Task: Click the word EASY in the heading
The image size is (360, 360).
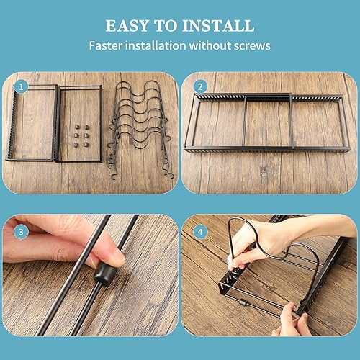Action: [x=127, y=26]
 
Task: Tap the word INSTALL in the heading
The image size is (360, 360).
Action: [x=218, y=26]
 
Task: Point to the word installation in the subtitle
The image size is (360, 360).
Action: [x=156, y=45]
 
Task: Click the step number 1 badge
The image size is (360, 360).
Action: [x=21, y=86]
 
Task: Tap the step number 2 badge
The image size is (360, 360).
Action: [x=200, y=86]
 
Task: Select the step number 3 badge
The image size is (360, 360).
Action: [x=21, y=232]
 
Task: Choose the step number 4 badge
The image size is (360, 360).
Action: [x=200, y=232]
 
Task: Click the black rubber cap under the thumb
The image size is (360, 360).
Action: [x=104, y=273]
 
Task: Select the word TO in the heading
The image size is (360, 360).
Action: [x=166, y=26]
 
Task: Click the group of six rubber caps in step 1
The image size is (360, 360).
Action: [x=81, y=136]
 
